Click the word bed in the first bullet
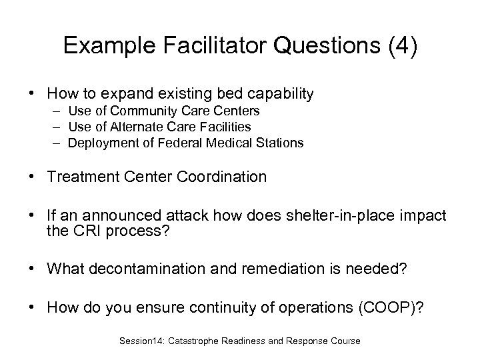tap(216, 95)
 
